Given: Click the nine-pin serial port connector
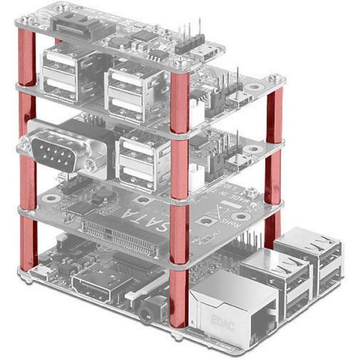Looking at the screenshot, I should pyautogui.click(x=57, y=150).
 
